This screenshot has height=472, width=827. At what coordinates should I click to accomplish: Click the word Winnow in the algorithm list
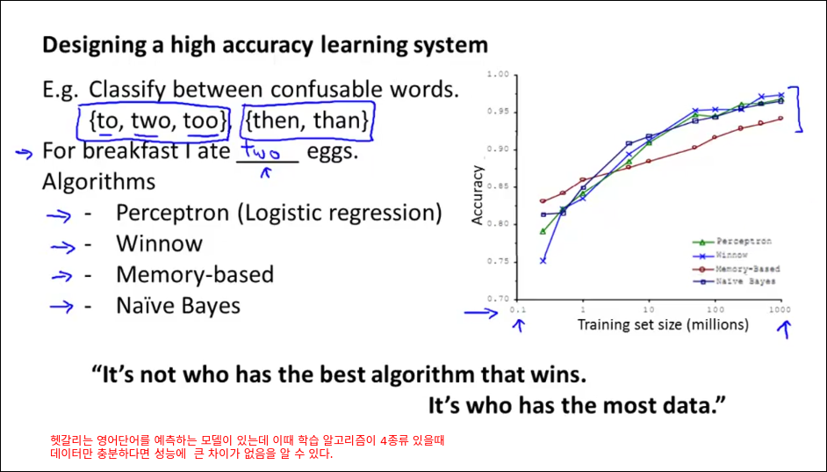tap(159, 244)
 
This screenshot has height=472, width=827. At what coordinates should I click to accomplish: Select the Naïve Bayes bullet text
tap(178, 306)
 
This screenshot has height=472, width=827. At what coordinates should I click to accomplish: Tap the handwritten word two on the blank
tap(261, 152)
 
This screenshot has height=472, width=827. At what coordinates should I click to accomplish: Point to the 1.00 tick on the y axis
tap(498, 75)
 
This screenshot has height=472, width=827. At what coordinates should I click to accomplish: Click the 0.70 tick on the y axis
tap(498, 299)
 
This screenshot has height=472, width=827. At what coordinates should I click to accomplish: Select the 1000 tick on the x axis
tap(780, 309)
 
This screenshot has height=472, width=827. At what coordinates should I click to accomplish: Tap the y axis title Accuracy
tap(478, 195)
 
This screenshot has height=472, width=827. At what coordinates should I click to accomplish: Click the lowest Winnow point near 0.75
tap(543, 261)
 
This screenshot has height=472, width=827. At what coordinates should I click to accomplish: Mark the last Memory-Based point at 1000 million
tap(780, 119)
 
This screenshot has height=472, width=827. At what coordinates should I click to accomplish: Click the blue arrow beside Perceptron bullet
tap(59, 215)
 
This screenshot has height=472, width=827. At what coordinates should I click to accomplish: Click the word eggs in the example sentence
tap(332, 152)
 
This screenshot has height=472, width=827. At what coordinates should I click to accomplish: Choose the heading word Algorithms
tap(98, 182)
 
